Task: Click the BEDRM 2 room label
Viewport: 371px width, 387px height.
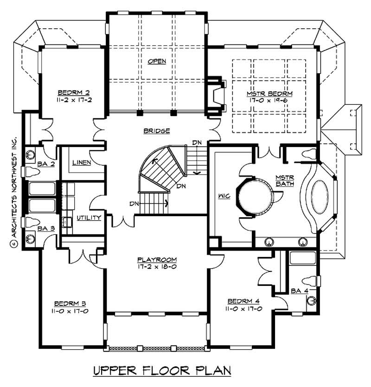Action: point(71,91)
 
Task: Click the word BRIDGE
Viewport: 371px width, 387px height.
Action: point(156,131)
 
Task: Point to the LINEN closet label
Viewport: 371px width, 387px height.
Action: point(81,163)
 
